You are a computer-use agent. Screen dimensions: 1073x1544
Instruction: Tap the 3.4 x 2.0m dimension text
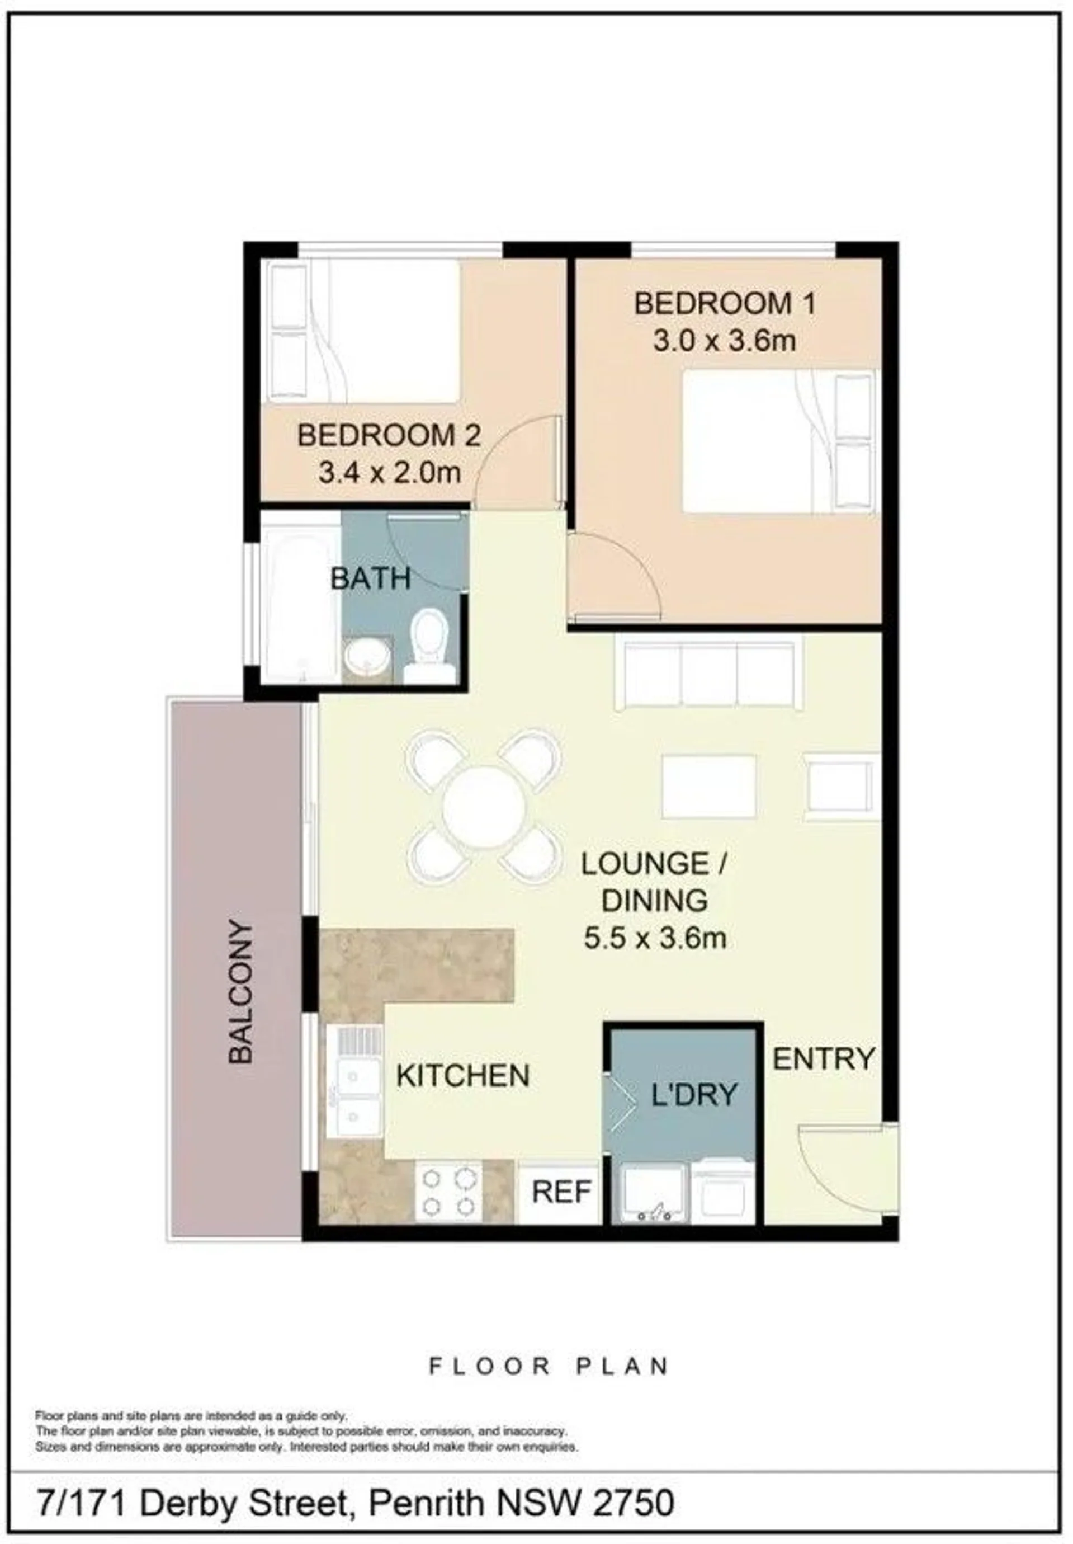tap(389, 473)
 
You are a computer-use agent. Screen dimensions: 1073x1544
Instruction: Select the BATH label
tap(371, 579)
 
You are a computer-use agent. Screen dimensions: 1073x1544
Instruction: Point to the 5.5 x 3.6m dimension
tap(655, 939)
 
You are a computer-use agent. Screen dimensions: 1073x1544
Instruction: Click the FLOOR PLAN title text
tap(549, 1367)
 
